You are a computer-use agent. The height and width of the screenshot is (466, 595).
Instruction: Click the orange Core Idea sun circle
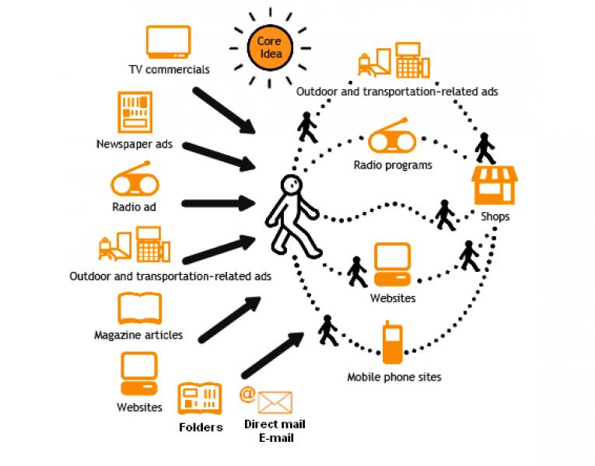[268, 47]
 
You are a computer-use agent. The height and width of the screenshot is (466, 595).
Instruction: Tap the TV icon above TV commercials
[169, 43]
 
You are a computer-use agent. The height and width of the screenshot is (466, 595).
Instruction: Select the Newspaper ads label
[135, 144]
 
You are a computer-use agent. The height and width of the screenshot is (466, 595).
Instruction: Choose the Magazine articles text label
[138, 336]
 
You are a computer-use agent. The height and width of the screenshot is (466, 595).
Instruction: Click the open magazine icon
[139, 308]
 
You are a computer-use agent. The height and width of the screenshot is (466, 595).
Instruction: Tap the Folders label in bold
[201, 427]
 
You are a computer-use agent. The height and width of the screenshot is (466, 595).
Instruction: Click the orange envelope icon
[275, 402]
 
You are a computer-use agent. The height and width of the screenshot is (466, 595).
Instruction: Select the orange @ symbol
[247, 393]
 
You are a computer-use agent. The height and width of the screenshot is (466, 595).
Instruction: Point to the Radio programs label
[393, 165]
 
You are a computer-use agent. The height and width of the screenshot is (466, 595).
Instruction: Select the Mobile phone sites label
[394, 377]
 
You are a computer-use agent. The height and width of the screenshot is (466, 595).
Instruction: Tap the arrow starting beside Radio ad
[219, 204]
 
